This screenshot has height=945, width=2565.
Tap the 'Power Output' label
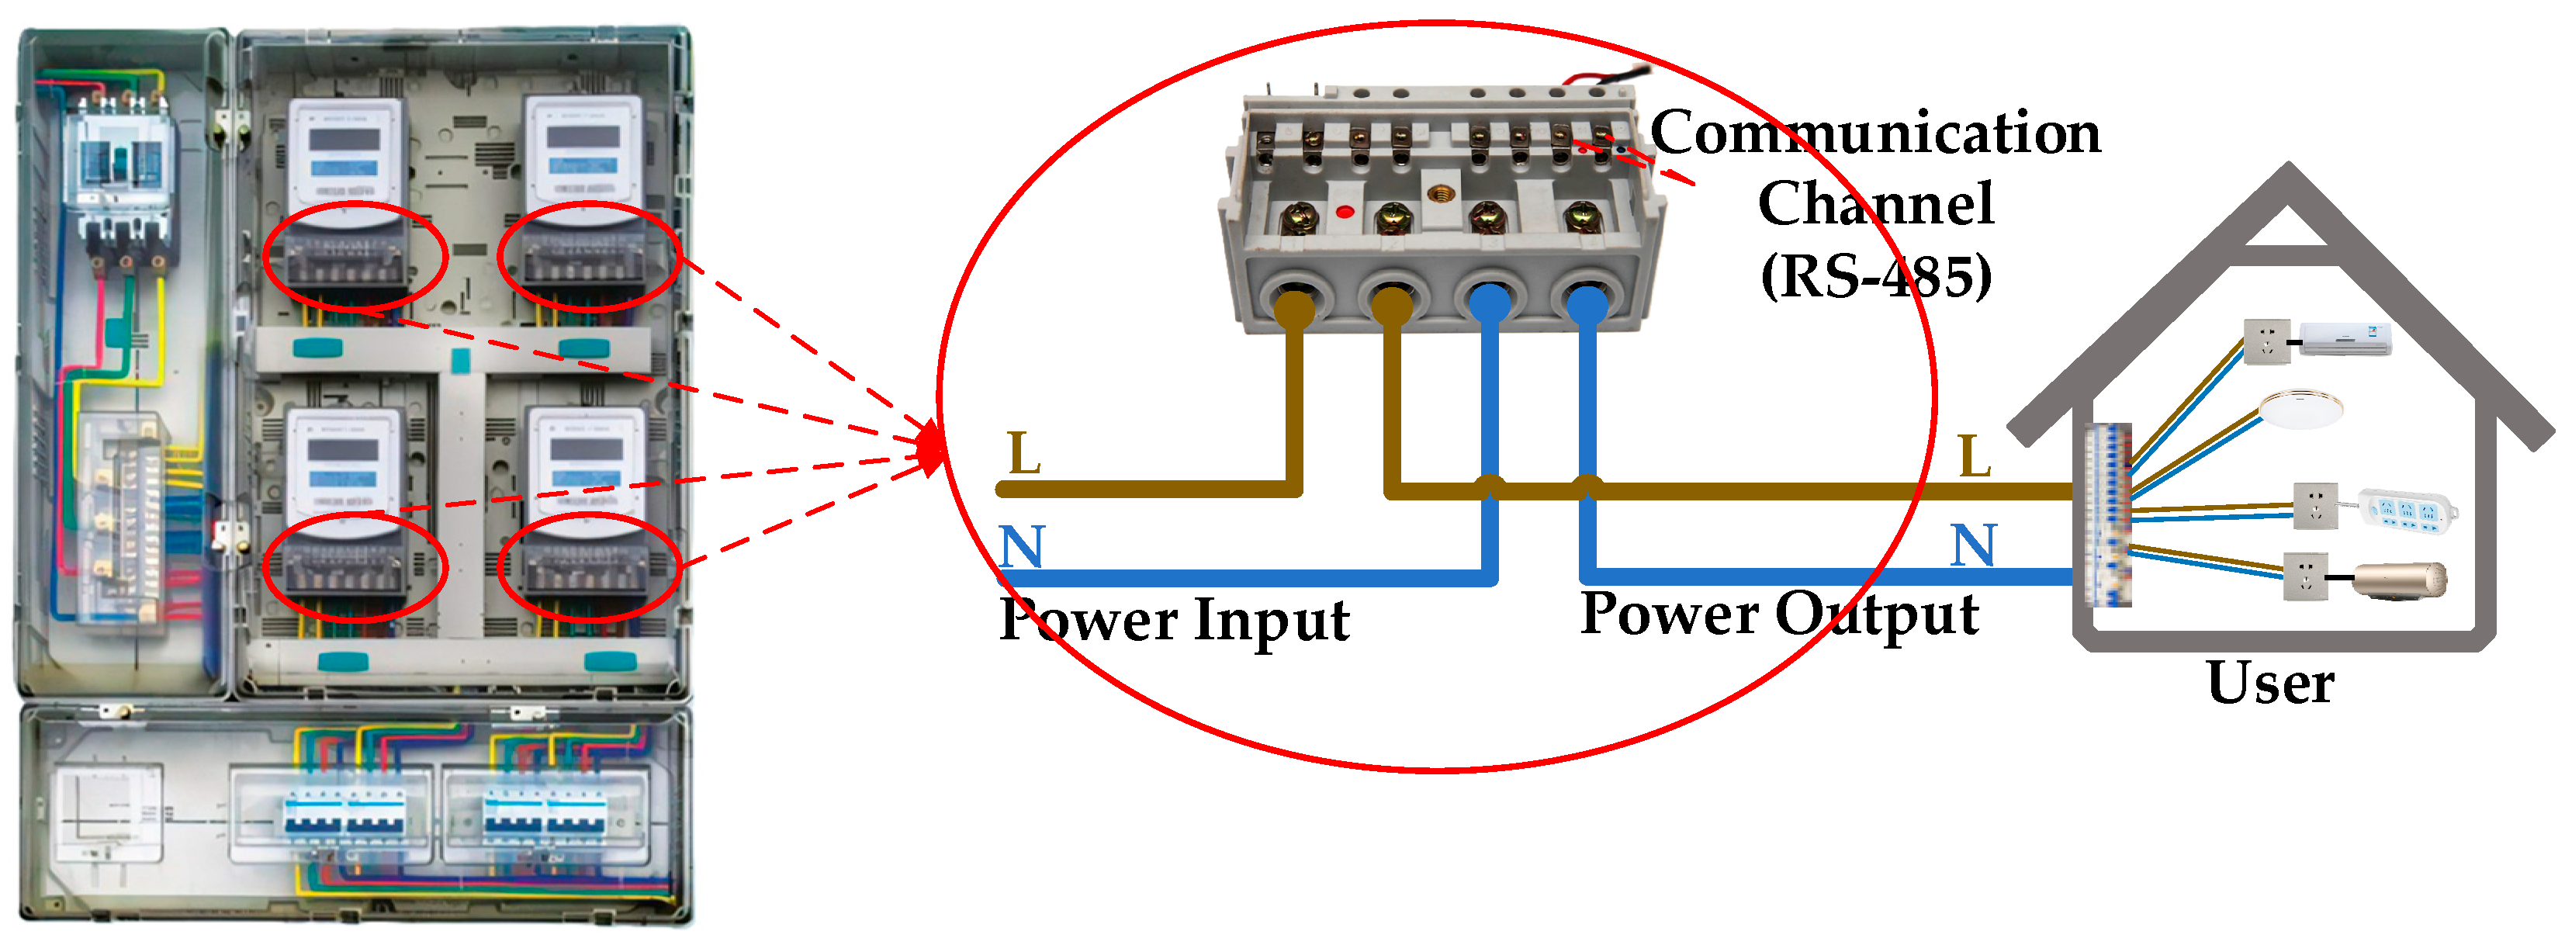(x=1778, y=614)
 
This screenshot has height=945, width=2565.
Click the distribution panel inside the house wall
(x=2108, y=515)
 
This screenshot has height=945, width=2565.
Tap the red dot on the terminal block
(x=1345, y=212)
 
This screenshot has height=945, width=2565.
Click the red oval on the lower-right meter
(x=590, y=568)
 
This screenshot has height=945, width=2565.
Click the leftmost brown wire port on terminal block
(x=1293, y=299)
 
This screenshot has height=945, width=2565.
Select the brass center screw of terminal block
(x=1438, y=192)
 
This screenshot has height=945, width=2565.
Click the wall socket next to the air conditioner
(x=2266, y=341)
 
